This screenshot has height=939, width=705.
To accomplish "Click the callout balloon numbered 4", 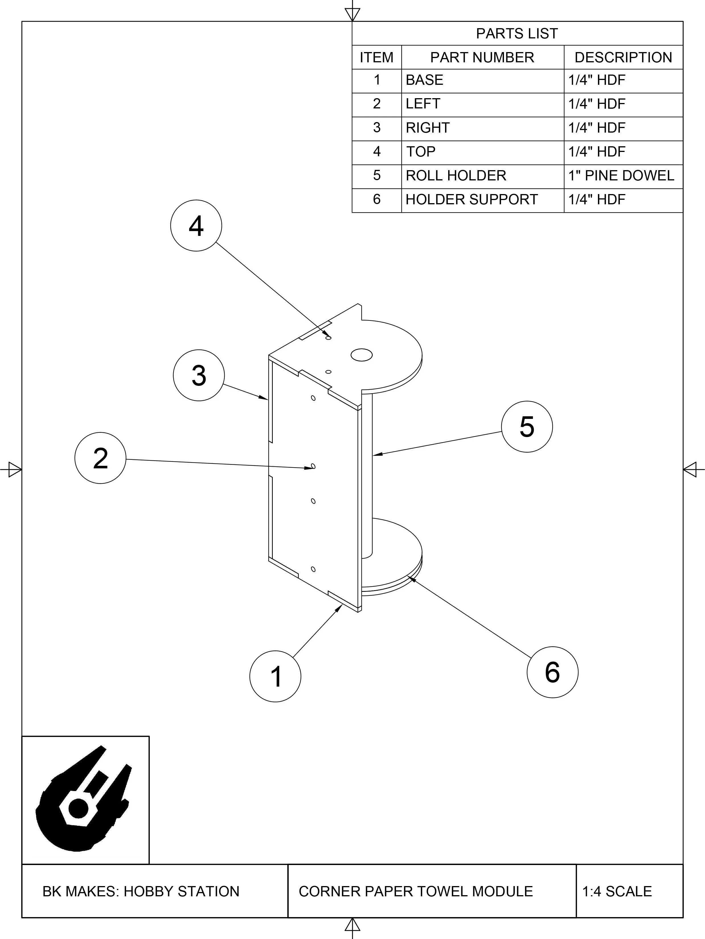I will coord(196,225).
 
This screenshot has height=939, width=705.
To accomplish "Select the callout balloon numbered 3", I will coord(199,375).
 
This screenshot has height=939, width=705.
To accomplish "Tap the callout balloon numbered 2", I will coord(100,458).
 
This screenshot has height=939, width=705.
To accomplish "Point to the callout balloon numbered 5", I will coord(527,427).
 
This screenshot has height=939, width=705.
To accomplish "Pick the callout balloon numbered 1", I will coord(275,676).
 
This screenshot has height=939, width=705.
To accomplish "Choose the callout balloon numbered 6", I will coord(552,672).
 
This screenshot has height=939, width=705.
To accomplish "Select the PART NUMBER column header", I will coord(482,57).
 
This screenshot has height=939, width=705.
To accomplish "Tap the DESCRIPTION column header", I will coord(623,57).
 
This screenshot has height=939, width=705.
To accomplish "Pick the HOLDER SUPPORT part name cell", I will coord(472,199).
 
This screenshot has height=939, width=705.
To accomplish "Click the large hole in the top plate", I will coord(361,355).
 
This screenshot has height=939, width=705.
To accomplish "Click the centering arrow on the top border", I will coord(352,14).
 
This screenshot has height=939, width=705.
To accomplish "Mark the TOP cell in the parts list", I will coord(421,152).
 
